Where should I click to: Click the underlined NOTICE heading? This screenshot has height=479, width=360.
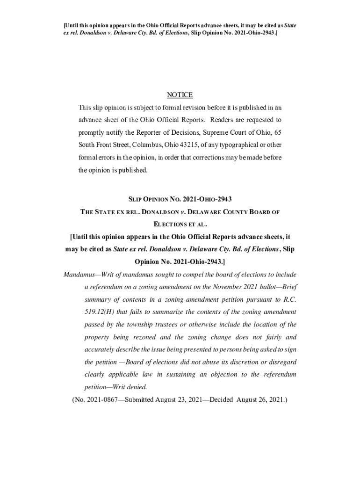[180, 95]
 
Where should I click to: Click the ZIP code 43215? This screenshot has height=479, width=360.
[204, 145]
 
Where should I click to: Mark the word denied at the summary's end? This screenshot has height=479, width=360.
[137, 387]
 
